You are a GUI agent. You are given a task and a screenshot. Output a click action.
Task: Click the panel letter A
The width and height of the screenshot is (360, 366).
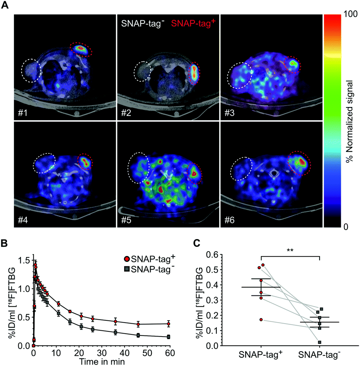6,6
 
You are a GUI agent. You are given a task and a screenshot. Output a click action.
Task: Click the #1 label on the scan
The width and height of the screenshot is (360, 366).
22,111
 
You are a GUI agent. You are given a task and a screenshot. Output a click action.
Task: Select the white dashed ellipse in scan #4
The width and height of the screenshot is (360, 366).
44,163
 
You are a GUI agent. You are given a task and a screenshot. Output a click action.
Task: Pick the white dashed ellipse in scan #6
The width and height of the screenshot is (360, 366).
242,169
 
